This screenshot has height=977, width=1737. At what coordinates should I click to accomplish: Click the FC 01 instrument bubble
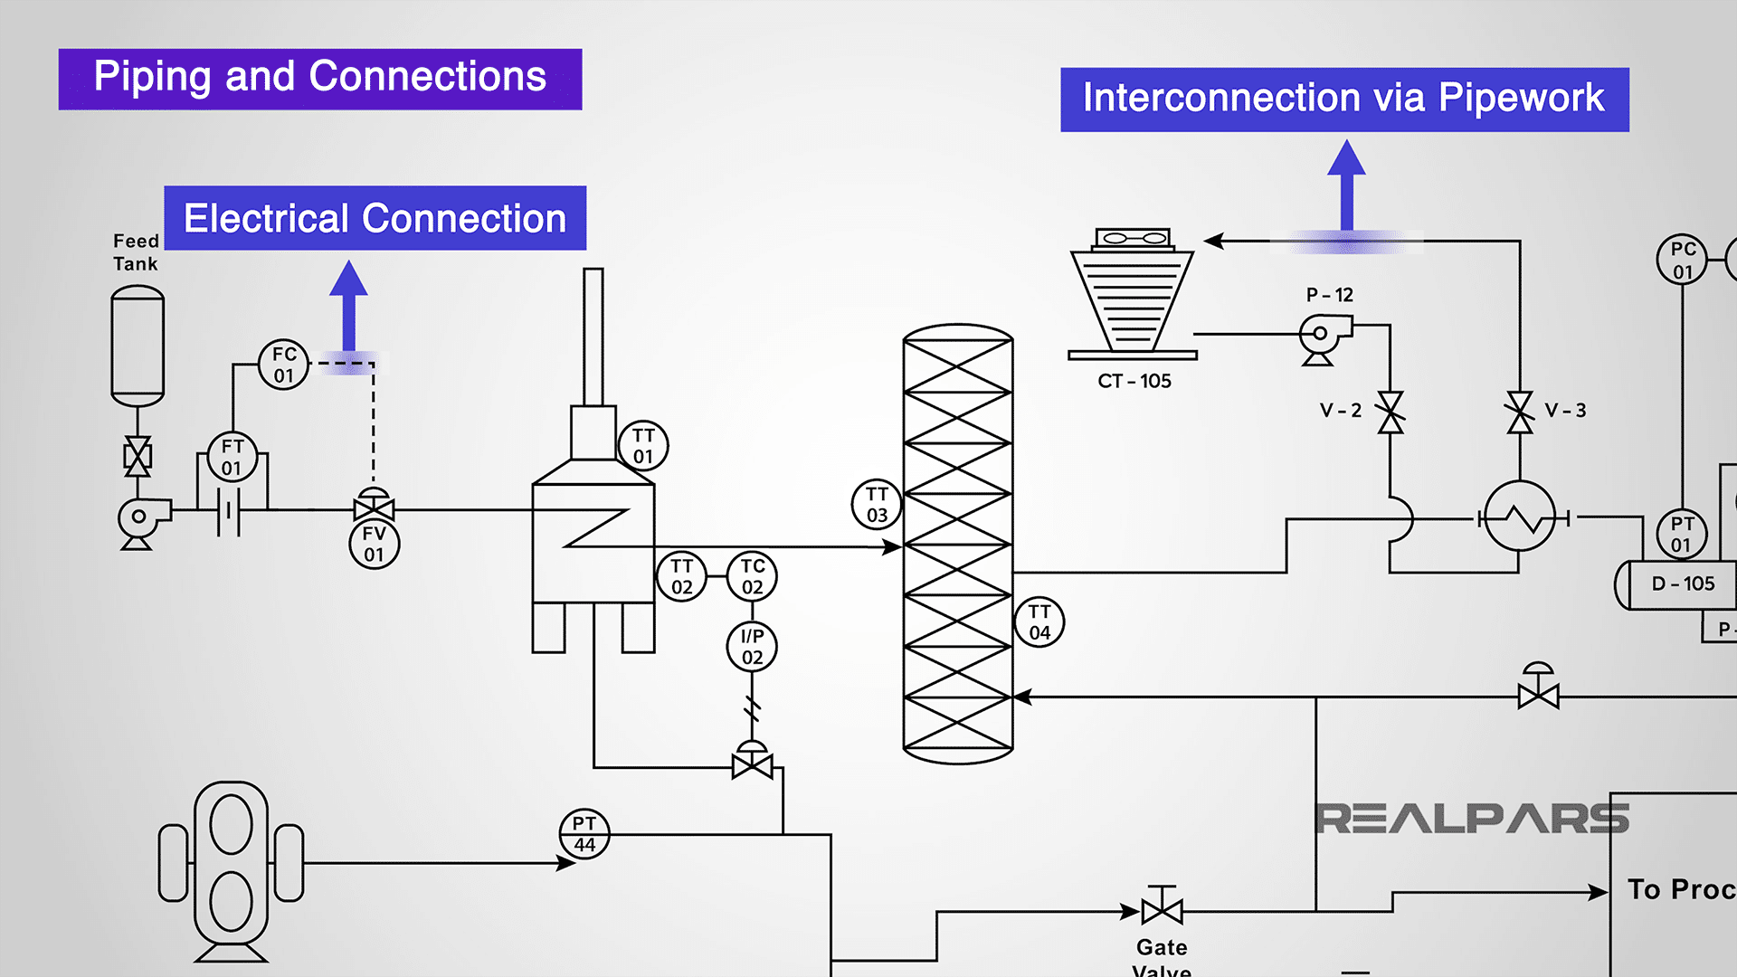coord(284,365)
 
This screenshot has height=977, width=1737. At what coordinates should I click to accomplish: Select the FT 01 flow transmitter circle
coord(233,457)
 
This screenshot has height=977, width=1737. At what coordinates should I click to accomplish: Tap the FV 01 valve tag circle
coord(374,544)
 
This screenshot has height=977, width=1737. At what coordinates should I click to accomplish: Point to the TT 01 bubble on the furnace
coord(643,446)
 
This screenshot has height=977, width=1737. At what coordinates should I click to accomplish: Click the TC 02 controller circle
coord(753,576)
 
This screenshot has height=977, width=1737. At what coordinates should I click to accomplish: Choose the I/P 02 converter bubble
coord(753,646)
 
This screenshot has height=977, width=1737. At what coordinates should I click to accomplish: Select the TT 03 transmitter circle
coord(877,504)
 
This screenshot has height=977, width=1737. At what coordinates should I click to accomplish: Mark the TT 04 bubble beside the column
coord(1039,621)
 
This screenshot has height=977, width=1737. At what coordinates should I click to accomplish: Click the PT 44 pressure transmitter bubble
coord(584,833)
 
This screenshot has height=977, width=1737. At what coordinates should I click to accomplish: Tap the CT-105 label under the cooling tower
coord(1134,381)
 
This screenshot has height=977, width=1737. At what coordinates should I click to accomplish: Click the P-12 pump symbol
coord(1324,337)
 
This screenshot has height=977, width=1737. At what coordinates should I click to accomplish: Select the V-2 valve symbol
coord(1391,412)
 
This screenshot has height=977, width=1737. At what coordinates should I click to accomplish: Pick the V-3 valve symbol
coord(1520,412)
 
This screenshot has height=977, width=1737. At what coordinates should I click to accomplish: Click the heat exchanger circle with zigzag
coord(1521,517)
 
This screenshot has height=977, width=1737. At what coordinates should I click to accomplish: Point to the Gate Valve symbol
coord(1162,908)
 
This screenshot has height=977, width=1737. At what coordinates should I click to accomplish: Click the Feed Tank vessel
coord(138,346)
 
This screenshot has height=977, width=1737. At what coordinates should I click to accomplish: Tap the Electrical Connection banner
coord(375,218)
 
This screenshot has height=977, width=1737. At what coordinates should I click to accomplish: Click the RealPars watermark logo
coord(1471,819)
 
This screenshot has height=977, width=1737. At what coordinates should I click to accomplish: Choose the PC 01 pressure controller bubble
coord(1682,260)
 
